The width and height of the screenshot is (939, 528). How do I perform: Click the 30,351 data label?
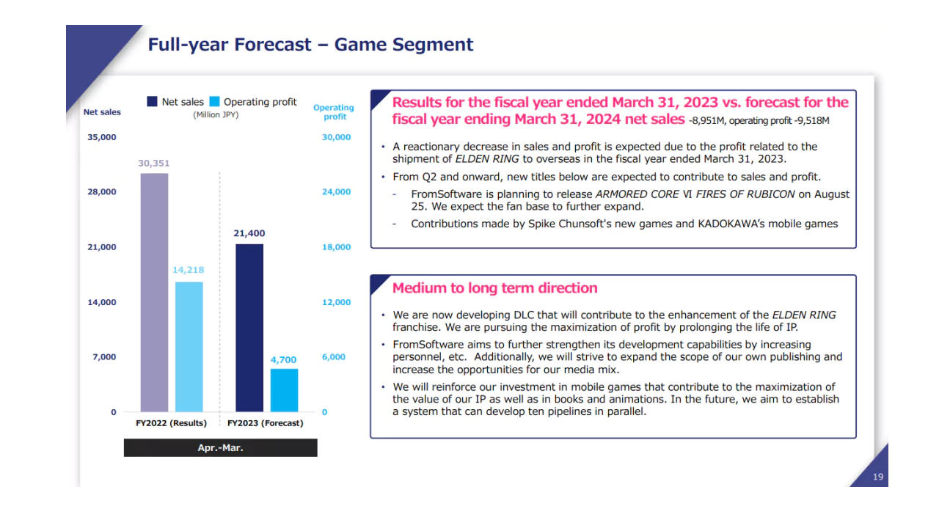(x=154, y=164)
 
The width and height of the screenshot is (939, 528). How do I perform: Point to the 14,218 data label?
(x=188, y=271)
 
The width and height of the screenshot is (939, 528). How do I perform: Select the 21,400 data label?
(x=249, y=233)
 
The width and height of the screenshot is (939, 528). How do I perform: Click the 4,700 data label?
(x=284, y=359)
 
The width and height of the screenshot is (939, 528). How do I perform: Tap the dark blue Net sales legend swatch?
(x=153, y=102)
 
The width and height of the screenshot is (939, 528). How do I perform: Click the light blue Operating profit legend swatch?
(x=214, y=102)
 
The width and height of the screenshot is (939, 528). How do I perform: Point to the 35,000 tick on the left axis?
(x=101, y=137)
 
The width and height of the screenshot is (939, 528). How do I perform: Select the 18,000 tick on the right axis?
(x=336, y=247)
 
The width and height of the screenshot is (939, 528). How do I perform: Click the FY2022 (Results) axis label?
(x=172, y=423)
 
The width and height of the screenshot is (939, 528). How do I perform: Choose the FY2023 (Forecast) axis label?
(x=265, y=423)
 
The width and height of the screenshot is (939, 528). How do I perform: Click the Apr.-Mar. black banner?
(x=220, y=447)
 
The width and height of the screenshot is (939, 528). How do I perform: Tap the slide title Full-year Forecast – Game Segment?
(x=310, y=45)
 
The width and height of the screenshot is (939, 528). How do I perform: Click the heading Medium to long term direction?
(x=494, y=288)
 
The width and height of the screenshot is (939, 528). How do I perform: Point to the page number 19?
(x=878, y=477)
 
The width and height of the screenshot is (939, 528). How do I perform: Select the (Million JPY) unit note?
(x=216, y=115)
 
